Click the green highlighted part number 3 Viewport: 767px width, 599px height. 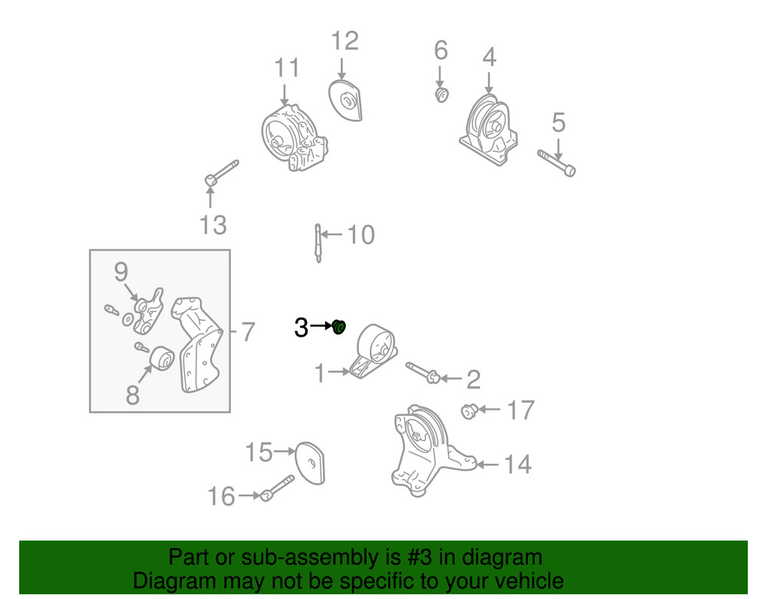click(x=340, y=327)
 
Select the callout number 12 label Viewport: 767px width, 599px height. click(x=344, y=41)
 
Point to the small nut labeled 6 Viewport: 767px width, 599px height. click(x=442, y=95)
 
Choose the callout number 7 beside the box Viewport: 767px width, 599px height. click(x=246, y=332)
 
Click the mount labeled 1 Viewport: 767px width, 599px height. click(x=373, y=352)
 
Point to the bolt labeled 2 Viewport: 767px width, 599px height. click(x=421, y=372)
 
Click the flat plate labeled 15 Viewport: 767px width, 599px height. click(x=311, y=462)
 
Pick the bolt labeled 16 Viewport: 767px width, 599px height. click(x=278, y=488)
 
